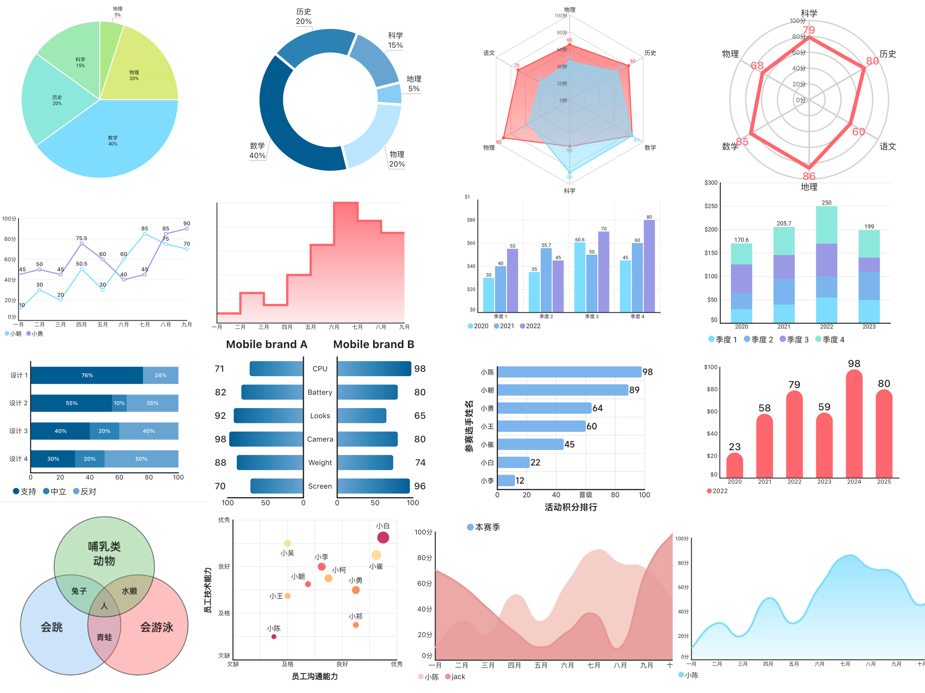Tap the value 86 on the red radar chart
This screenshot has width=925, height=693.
click(x=809, y=176)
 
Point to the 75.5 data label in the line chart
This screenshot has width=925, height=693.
click(x=82, y=238)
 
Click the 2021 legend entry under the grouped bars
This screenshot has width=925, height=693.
click(x=504, y=326)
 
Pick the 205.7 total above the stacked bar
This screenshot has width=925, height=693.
click(x=784, y=224)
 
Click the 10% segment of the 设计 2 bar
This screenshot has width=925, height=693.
click(x=119, y=403)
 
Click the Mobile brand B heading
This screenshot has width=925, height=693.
click(x=373, y=344)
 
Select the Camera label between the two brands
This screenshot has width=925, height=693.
click(x=320, y=439)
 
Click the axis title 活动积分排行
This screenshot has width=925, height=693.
click(x=571, y=507)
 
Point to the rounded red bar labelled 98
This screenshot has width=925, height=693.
click(x=854, y=422)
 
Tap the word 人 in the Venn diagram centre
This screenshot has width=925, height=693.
click(x=104, y=606)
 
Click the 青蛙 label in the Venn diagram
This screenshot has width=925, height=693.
click(x=104, y=637)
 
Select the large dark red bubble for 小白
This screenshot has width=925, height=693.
click(x=383, y=537)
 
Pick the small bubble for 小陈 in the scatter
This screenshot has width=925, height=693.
click(x=274, y=636)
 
